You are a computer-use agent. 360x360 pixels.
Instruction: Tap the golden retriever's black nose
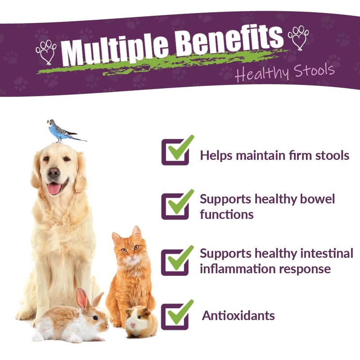54,172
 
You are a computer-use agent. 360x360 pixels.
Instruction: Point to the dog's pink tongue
54,189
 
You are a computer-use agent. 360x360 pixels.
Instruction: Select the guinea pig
141,320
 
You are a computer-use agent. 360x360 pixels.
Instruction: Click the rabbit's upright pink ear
81,298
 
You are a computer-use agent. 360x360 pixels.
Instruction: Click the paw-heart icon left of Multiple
46,50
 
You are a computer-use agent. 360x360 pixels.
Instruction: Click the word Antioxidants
238,315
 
